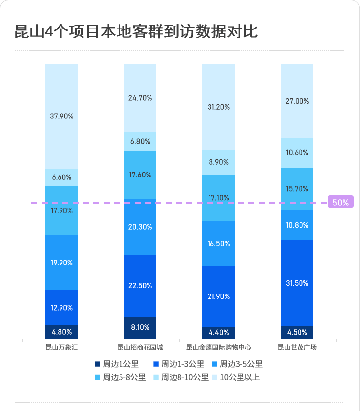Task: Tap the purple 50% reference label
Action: click(x=340, y=202)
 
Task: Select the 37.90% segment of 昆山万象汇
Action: click(x=61, y=117)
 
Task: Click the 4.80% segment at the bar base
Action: click(x=61, y=332)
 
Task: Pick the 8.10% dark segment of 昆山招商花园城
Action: click(x=140, y=327)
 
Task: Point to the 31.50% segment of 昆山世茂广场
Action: click(x=297, y=283)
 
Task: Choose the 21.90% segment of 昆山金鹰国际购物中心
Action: click(x=218, y=296)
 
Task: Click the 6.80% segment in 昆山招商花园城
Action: click(x=140, y=141)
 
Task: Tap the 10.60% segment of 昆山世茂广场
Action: click(x=297, y=152)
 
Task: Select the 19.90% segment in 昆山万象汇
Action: click(x=61, y=263)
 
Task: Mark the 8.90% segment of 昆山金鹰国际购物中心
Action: click(x=218, y=162)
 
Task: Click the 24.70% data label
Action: click(x=140, y=98)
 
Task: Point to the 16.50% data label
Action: click(x=218, y=244)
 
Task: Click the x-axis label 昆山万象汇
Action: click(x=61, y=347)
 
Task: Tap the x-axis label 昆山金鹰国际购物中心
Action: click(x=218, y=347)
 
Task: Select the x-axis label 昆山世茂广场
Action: click(x=297, y=347)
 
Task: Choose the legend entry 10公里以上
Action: click(x=236, y=377)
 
